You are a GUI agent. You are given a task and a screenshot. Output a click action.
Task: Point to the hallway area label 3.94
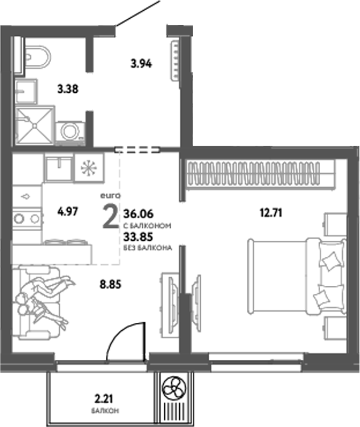tap(140, 63)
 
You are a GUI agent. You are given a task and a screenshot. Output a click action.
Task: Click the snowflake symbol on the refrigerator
tap(88, 167)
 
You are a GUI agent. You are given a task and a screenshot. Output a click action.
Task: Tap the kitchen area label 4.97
tap(67, 210)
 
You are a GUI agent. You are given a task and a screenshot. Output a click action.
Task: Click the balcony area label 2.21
tap(104, 398)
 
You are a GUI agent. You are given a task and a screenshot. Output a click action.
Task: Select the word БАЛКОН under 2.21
tap(104, 411)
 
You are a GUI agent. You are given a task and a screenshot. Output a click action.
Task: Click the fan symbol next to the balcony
tap(173, 390)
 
